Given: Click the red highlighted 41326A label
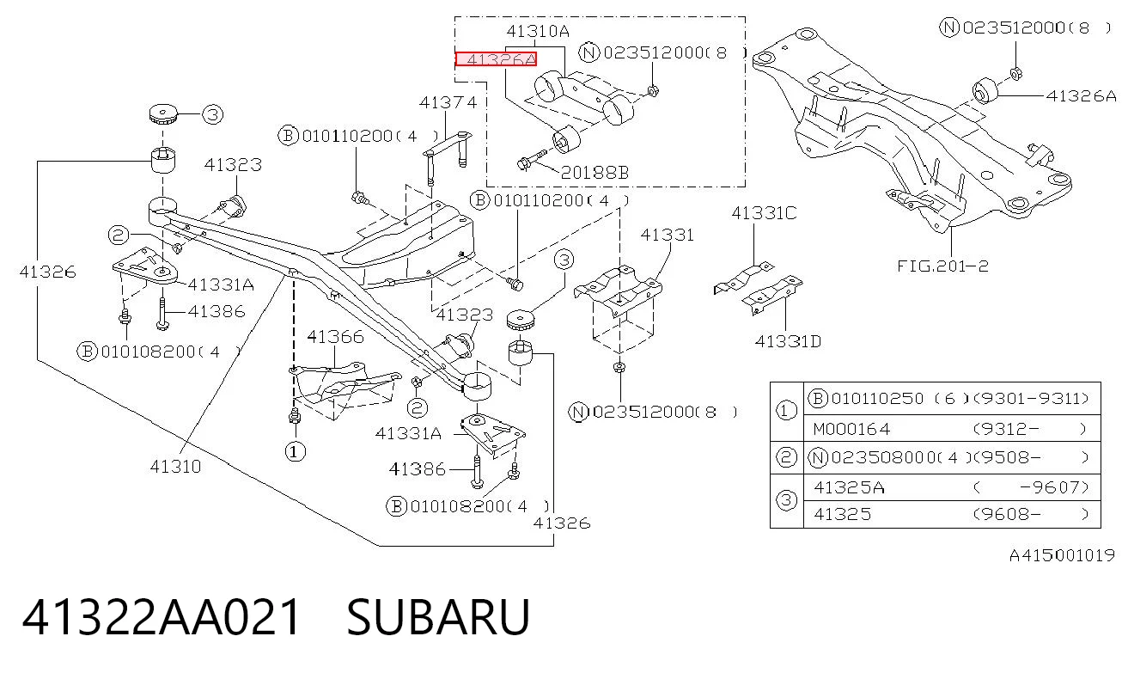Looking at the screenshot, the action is tap(496, 59).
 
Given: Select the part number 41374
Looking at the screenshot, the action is tap(448, 103).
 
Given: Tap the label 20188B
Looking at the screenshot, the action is tap(595, 173).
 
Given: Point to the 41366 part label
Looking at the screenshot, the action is tap(335, 337).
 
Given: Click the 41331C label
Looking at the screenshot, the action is tap(764, 213).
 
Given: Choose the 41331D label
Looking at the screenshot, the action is tap(788, 342).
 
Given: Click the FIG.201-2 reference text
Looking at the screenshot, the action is tap(942, 266).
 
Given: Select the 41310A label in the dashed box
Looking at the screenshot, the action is tap(538, 32).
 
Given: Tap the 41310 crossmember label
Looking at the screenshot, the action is tap(175, 467).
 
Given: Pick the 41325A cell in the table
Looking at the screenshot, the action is tap(850, 487).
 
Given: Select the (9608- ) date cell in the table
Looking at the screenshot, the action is tap(1030, 514).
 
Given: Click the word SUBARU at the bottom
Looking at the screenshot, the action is tap(438, 617).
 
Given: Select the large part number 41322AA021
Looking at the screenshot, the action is tap(162, 617).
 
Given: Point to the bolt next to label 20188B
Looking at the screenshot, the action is tap(532, 159).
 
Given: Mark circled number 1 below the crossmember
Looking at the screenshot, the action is tap(295, 451).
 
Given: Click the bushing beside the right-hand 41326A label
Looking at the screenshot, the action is tap(985, 91).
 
